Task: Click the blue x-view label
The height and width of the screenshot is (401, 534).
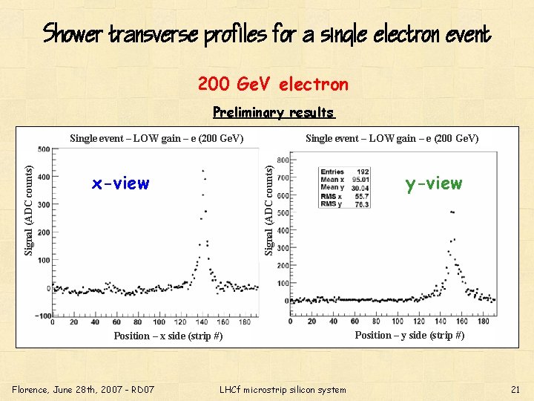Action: point(120,183)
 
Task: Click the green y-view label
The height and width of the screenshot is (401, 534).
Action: point(433,183)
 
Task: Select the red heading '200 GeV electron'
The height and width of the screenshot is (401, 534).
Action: point(273,85)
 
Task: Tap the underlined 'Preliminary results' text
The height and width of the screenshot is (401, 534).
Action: point(274,113)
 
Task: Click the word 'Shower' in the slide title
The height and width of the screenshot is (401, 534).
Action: point(73,34)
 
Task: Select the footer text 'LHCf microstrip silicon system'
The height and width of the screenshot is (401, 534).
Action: point(283,389)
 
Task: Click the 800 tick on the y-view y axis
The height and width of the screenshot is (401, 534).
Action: point(283,160)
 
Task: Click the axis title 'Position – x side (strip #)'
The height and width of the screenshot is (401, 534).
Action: point(168,336)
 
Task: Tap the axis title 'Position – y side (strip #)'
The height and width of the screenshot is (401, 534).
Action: point(409,336)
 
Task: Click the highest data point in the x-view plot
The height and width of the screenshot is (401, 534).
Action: point(202,172)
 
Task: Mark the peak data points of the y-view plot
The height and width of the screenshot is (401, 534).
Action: point(452,212)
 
